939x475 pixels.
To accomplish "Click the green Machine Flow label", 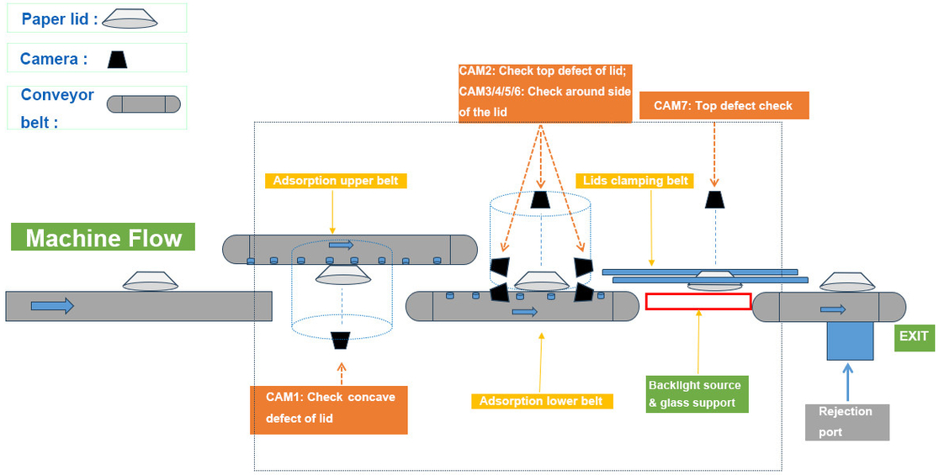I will point(103,237).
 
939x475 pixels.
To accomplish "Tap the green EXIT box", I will point(914,336).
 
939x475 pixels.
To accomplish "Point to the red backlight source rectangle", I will point(698,301).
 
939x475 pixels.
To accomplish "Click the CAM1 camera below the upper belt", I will point(341,340).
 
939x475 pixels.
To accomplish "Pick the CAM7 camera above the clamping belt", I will point(714,199).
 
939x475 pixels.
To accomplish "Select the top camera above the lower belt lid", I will point(539,199).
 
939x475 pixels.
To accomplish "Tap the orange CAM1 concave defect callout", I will point(329,409).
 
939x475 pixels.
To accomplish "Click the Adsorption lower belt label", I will point(541,401).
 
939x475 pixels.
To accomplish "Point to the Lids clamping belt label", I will point(635,181).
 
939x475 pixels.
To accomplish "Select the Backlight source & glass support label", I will point(694,393).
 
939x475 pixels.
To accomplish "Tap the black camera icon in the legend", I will point(118,59).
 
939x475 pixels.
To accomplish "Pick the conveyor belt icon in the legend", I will point(143,104).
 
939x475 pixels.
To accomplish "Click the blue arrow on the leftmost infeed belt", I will point(52,306).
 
